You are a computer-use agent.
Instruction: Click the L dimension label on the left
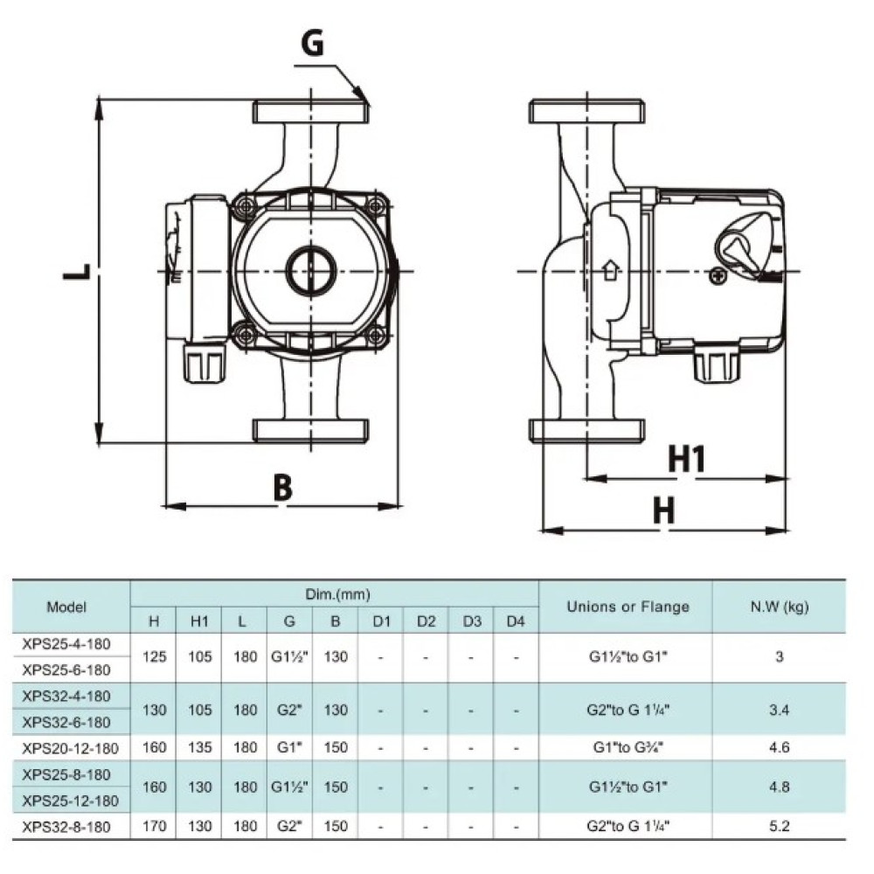76,272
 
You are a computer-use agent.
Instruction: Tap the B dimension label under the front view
282,488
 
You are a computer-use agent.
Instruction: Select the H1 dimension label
687,460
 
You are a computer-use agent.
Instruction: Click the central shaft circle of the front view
311,270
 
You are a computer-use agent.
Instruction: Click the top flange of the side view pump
587,111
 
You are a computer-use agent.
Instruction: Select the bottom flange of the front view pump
310,431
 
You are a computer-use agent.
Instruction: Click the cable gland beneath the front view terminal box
205,363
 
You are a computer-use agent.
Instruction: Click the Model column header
66,607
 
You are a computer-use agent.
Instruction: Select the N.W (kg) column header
779,607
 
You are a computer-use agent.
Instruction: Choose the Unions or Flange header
628,607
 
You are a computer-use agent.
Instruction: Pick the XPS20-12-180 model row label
70,748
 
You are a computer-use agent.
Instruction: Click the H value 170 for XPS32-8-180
155,826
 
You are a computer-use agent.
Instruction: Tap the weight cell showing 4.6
780,747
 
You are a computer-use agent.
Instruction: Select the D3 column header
472,621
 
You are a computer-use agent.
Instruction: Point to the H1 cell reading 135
199,747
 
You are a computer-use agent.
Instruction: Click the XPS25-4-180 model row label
66,644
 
